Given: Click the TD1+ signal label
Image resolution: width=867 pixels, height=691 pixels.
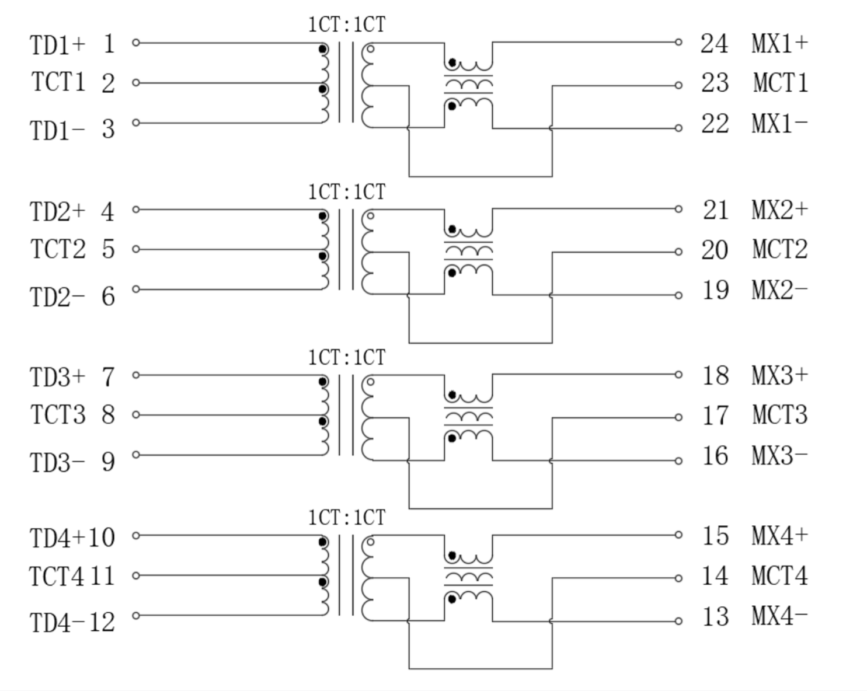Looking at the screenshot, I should click(x=57, y=45).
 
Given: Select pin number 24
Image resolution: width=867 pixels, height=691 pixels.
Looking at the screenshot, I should click(x=715, y=44).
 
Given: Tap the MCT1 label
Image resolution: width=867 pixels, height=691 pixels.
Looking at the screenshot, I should click(x=781, y=83).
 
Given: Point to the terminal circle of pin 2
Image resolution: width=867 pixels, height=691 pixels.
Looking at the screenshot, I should click(x=136, y=83).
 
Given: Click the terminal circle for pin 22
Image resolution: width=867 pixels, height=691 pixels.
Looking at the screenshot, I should click(x=678, y=128).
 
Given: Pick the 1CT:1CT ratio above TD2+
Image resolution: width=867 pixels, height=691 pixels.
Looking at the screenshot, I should click(x=347, y=191).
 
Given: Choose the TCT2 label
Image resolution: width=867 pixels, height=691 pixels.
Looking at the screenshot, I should click(x=58, y=250).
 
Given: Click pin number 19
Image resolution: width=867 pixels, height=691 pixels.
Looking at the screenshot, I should click(x=715, y=290).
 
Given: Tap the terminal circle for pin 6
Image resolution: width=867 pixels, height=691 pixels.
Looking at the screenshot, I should click(x=136, y=289).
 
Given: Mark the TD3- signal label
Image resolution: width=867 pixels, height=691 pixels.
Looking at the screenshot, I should click(x=57, y=463).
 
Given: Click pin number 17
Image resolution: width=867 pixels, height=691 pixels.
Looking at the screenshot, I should click(x=715, y=416).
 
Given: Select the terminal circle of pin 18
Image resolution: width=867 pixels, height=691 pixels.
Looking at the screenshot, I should click(x=678, y=375).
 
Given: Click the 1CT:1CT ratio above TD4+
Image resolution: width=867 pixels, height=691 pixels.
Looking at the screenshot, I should click(x=347, y=517).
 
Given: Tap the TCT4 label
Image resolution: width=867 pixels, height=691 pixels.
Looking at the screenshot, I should click(x=57, y=577).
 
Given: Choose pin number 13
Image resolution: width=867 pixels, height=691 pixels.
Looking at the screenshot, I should click(x=715, y=617).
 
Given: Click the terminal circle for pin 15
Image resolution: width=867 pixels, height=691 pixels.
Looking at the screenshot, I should click(x=678, y=535).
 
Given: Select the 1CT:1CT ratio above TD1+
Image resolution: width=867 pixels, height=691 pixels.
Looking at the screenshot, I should click(x=347, y=25).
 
